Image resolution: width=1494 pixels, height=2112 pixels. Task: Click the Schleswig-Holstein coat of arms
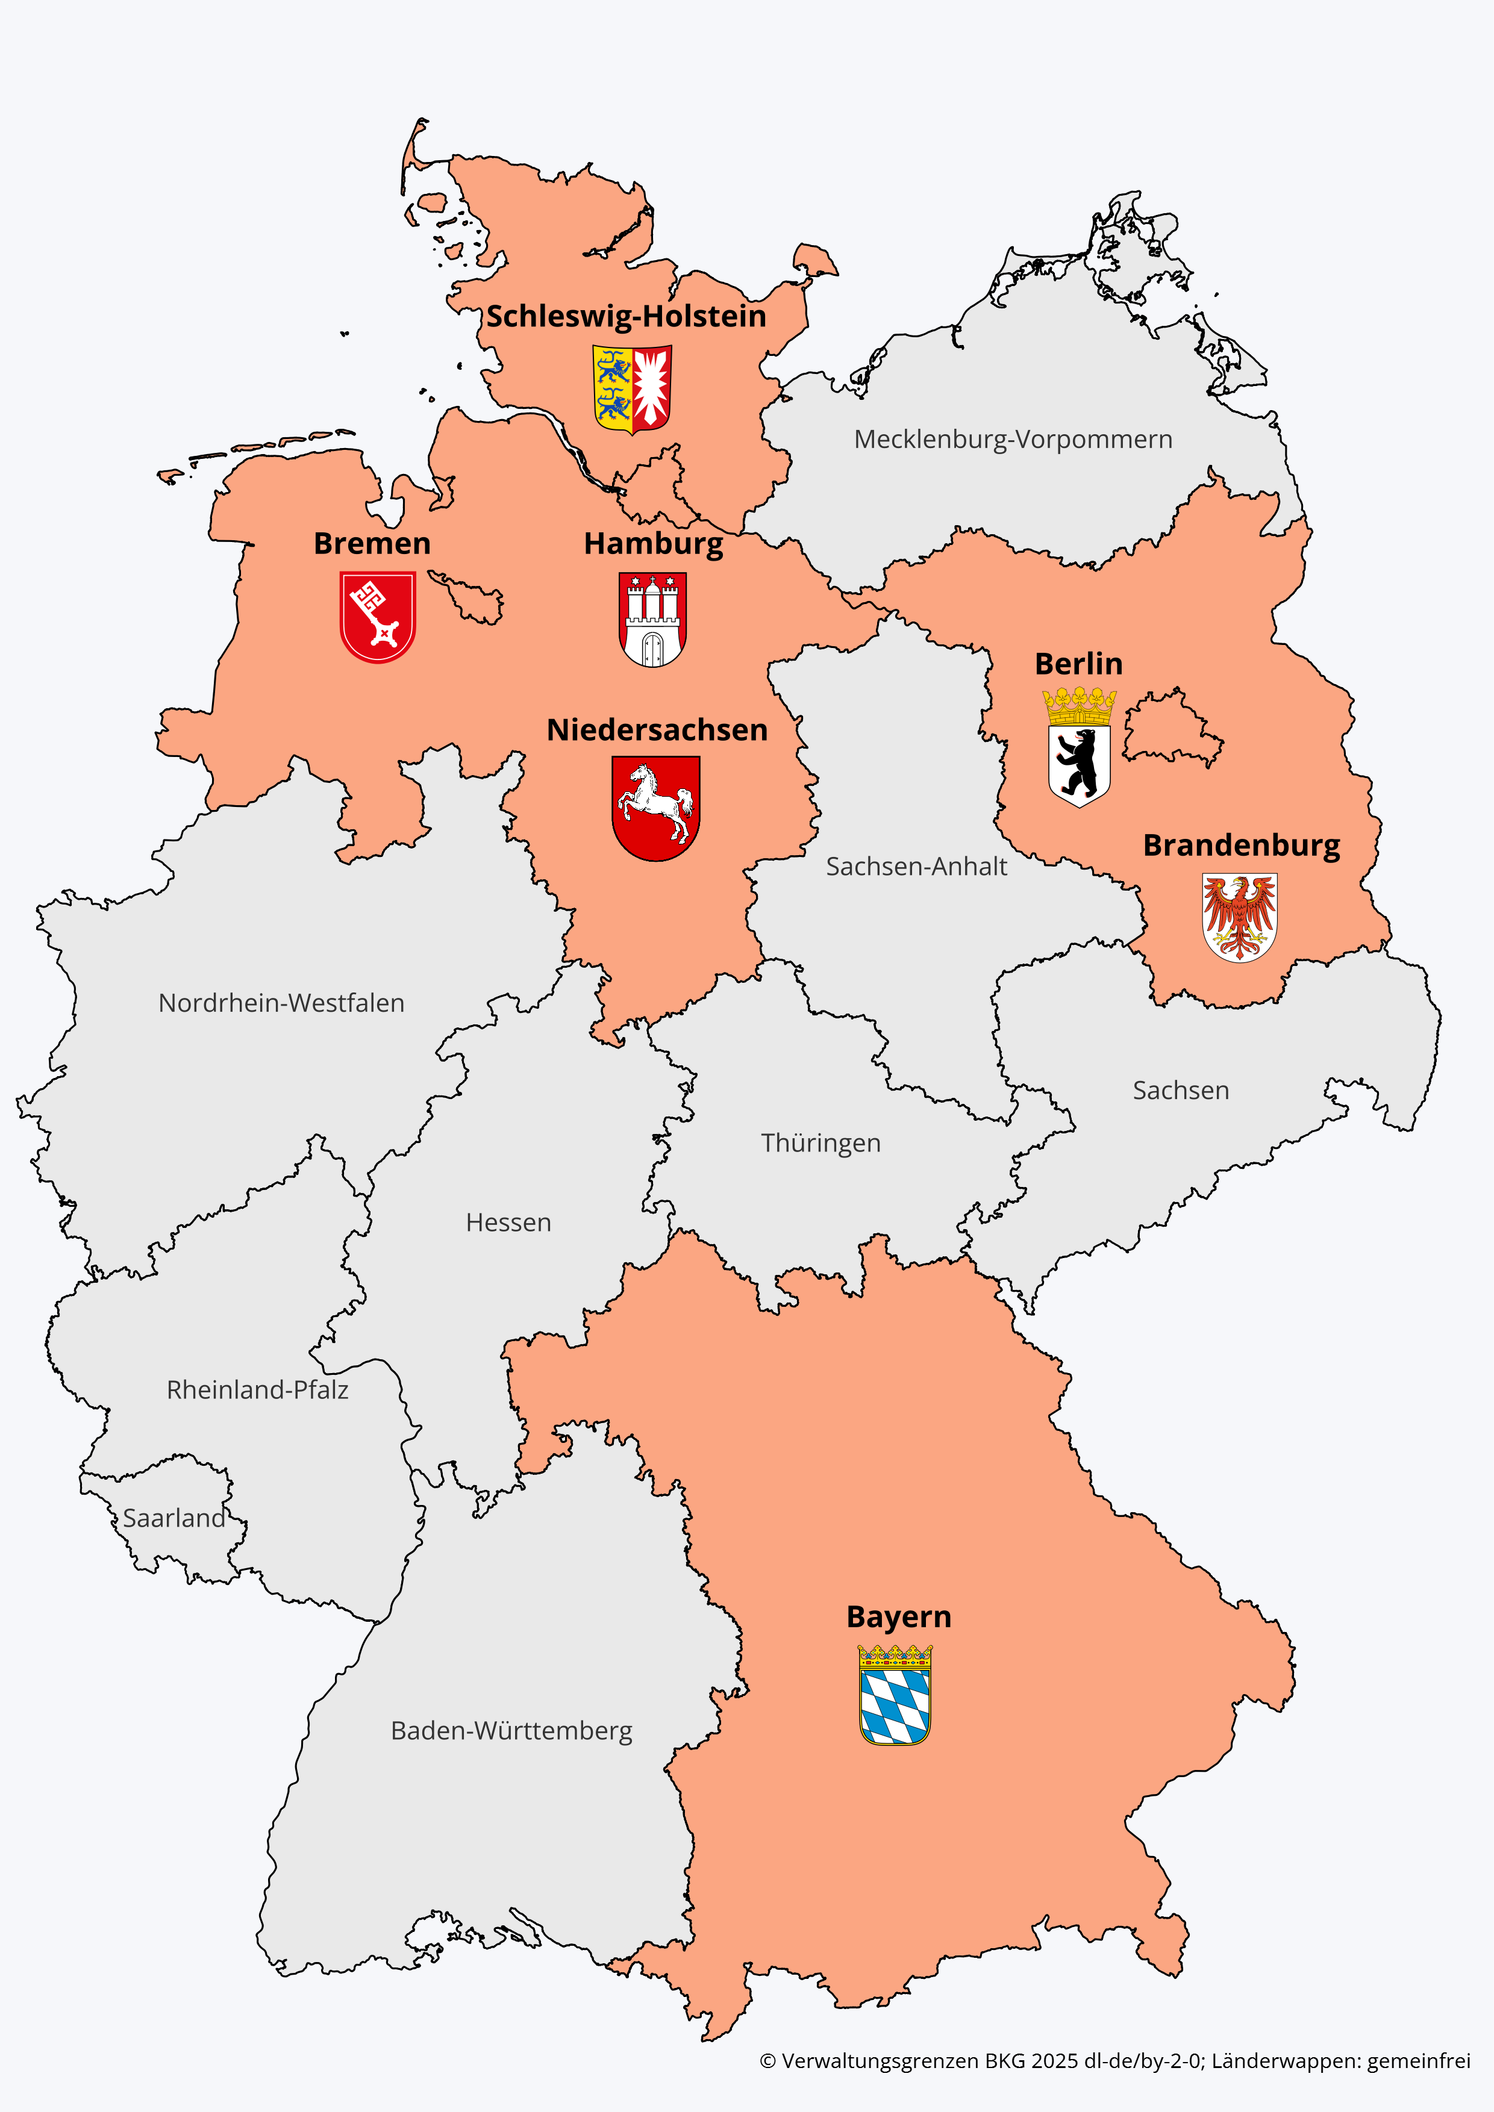632,388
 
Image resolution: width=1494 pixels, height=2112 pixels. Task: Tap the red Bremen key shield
377,615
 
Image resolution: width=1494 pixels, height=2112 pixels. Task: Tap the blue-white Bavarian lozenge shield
895,1695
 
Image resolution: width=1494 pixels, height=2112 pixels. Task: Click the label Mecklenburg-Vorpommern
1013,440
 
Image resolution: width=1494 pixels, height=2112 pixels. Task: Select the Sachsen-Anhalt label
916,867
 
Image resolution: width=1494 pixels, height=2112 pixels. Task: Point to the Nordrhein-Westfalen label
281,1003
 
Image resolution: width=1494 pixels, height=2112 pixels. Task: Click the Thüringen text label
820,1144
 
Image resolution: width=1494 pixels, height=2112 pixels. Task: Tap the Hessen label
508,1223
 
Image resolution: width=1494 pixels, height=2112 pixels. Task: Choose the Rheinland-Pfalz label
258,1390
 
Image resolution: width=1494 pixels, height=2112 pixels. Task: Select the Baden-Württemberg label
511,1731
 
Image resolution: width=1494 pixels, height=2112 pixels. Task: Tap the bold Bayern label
899,1617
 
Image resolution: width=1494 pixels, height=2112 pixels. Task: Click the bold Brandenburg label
1241,846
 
